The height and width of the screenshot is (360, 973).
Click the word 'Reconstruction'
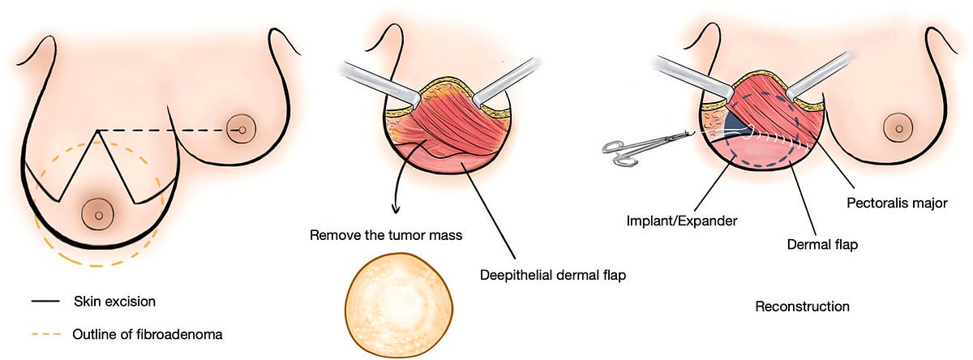(x=802, y=306)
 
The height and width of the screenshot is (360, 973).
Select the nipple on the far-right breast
(x=897, y=128)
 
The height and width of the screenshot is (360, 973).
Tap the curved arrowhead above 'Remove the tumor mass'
(x=395, y=210)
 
